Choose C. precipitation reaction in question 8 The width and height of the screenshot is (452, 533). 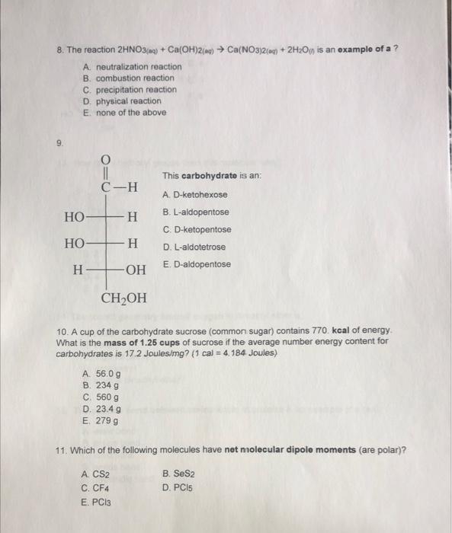click(130, 89)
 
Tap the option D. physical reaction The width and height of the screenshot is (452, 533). click(123, 101)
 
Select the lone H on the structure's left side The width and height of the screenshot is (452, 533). click(77, 270)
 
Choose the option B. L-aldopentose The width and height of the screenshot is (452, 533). click(195, 212)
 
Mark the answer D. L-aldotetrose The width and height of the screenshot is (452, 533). click(194, 247)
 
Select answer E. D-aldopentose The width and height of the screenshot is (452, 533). click(196, 264)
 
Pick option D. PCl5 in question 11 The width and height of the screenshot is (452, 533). click(177, 487)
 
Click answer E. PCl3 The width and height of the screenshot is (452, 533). click(95, 501)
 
